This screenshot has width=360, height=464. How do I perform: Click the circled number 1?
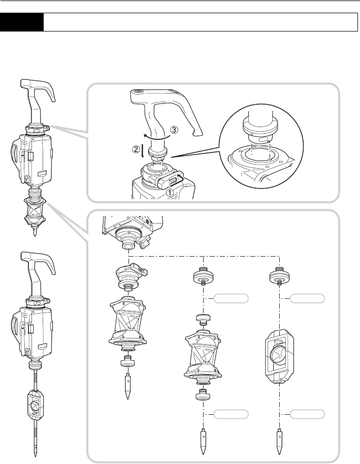(170, 193)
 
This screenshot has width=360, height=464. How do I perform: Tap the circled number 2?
(135, 149)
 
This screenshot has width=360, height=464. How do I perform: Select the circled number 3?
(174, 130)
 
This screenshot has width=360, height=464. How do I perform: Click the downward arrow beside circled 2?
(143, 151)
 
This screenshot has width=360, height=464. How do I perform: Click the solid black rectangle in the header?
(21, 22)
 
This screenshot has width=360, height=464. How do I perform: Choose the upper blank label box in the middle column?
(231, 299)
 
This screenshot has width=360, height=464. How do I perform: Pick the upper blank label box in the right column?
(307, 299)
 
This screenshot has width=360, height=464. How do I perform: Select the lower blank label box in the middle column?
(231, 414)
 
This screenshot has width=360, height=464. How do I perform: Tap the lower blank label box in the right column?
(307, 414)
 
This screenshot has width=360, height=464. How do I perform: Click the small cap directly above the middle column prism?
(203, 319)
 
